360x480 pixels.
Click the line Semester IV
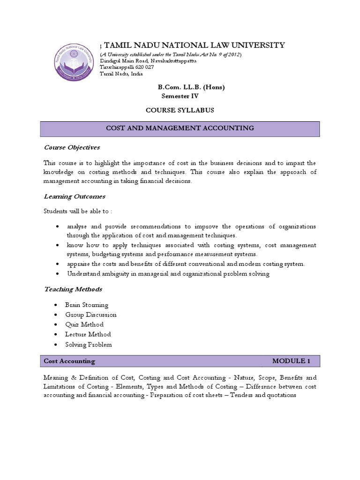coord(180,97)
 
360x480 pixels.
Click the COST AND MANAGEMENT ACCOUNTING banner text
coord(180,128)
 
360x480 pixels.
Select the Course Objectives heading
coord(72,147)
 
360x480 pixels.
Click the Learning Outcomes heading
coord(74,196)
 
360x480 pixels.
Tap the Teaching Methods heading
coord(73,289)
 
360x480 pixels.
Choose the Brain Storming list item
coord(87,305)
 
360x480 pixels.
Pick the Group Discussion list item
coord(91,315)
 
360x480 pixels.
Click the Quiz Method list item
coord(85,324)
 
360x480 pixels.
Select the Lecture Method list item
coord(89,334)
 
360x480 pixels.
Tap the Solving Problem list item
coord(89,345)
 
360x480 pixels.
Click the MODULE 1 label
coord(291,361)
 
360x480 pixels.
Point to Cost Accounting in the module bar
coord(69,361)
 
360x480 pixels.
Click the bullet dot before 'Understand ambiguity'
coord(57,274)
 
